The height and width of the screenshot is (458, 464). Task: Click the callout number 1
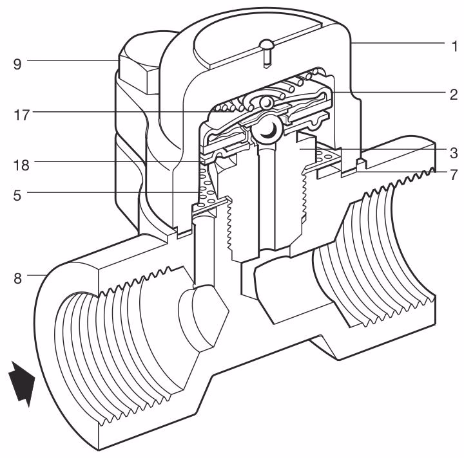click(454, 46)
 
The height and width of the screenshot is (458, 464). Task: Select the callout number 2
click(454, 95)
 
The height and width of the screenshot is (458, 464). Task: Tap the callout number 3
click(454, 152)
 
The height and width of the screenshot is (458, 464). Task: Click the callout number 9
click(18, 63)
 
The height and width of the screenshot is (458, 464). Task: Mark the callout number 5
click(18, 192)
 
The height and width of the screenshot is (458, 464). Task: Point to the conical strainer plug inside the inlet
click(203, 314)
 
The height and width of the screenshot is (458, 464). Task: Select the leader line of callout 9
click(71, 60)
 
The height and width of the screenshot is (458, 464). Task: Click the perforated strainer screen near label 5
click(205, 187)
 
